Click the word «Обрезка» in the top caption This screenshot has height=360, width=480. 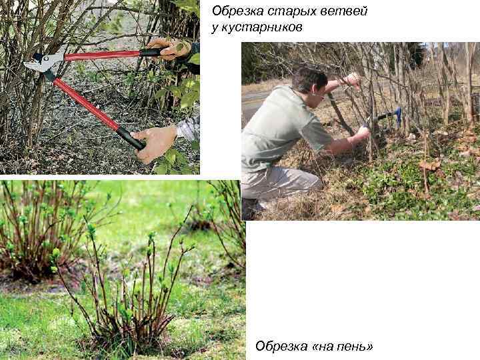click(x=237, y=11)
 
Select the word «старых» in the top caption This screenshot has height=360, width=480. click(x=293, y=11)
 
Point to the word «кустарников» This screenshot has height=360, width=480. click(x=262, y=27)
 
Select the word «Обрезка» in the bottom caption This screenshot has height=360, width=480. click(x=281, y=346)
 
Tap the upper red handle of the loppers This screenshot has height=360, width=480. click(x=103, y=55)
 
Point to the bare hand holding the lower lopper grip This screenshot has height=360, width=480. click(x=155, y=143)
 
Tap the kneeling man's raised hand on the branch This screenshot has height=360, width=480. click(x=352, y=80)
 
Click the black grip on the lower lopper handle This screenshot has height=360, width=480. click(x=131, y=138)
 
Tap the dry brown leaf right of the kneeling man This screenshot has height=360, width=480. click(x=430, y=165)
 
